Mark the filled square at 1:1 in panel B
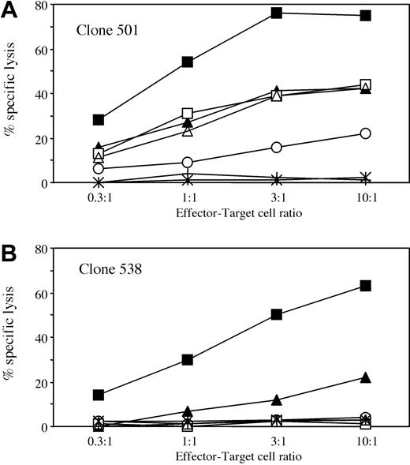188,360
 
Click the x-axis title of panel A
233,212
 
